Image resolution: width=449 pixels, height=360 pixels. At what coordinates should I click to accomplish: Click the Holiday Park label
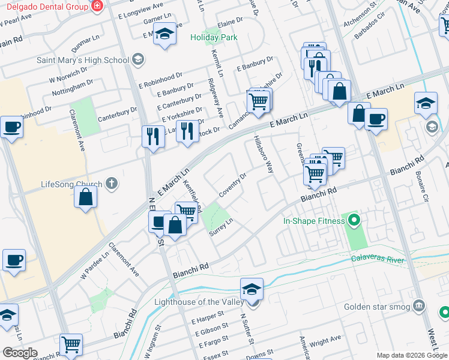click(x=214, y=37)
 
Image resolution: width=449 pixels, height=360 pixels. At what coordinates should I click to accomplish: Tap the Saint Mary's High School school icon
click(x=138, y=59)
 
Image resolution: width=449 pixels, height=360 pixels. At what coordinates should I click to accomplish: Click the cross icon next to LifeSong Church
click(x=112, y=184)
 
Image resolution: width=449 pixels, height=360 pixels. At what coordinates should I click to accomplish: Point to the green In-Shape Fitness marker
click(x=354, y=221)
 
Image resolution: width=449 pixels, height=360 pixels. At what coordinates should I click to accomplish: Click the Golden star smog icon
click(x=420, y=307)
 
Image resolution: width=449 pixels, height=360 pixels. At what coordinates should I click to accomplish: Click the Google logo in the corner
click(x=20, y=353)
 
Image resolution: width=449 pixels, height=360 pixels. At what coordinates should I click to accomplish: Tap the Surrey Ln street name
click(x=221, y=228)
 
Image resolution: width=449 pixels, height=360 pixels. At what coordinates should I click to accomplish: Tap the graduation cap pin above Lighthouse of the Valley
click(x=252, y=289)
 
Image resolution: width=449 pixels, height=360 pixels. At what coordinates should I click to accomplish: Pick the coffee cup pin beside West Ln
click(x=376, y=119)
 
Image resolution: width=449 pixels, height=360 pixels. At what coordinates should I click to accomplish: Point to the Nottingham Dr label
click(x=73, y=89)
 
